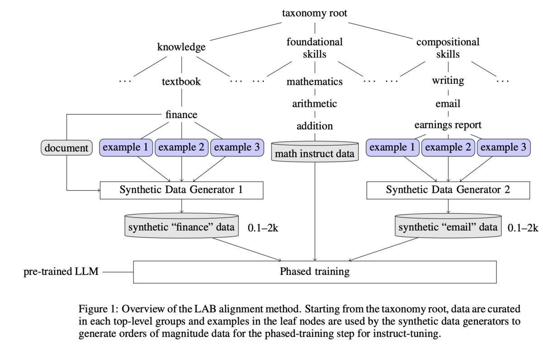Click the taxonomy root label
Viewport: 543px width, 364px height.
(x=314, y=13)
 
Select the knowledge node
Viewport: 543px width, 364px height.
(x=181, y=47)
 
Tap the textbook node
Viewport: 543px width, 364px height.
(x=181, y=81)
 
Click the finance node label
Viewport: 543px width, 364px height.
(x=181, y=115)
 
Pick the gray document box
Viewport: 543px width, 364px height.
(x=66, y=148)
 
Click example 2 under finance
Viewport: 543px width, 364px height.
(x=181, y=148)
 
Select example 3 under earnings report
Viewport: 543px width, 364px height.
(x=503, y=148)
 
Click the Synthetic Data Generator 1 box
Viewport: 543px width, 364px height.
(x=181, y=190)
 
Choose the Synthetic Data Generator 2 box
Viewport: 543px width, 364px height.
(x=448, y=190)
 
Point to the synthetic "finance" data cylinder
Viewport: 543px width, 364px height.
(x=181, y=226)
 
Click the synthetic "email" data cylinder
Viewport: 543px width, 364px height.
(x=448, y=226)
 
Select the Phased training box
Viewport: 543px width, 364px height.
(x=314, y=272)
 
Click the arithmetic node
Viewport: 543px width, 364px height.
(x=314, y=104)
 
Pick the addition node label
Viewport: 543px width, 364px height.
(x=314, y=126)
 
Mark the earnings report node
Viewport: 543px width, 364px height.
(x=448, y=125)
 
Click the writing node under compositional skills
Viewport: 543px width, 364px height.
(x=448, y=81)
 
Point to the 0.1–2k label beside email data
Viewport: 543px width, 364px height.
(x=523, y=228)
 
